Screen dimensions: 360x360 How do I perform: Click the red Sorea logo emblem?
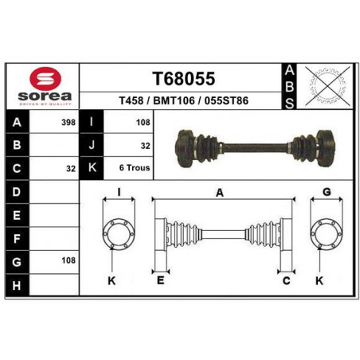pyautogui.click(x=45, y=78)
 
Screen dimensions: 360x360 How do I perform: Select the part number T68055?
pyautogui.click(x=183, y=79)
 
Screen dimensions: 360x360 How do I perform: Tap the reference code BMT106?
pyautogui.click(x=174, y=101)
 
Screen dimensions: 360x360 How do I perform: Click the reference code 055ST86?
pyautogui.click(x=226, y=101)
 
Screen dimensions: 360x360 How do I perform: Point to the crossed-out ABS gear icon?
pyautogui.click(x=327, y=86)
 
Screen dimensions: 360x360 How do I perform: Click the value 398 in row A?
pyautogui.click(x=68, y=123)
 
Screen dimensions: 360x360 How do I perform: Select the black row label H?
pyautogui.click(x=17, y=286)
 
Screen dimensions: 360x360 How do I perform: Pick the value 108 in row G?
pyautogui.click(x=68, y=260)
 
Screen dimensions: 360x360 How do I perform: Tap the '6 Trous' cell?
pyautogui.click(x=135, y=168)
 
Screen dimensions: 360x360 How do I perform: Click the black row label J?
pyautogui.click(x=92, y=145)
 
